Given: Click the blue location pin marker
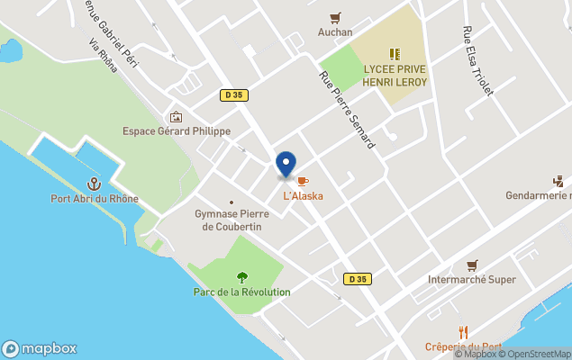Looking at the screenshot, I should (286, 165).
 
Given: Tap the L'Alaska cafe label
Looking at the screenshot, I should (304, 195).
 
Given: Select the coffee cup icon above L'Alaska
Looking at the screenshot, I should (303, 182).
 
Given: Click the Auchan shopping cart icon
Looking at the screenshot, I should (335, 17).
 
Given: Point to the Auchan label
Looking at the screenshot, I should (335, 32).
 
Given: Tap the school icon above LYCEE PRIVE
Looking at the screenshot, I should (395, 54).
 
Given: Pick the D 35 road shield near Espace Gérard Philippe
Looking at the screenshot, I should (234, 94).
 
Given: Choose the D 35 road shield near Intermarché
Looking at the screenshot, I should (358, 279).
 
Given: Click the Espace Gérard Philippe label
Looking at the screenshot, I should (177, 130).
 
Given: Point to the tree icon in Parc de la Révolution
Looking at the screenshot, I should (241, 277).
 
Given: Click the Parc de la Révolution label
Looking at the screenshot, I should (241, 292).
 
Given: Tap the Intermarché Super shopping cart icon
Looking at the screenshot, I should (472, 265).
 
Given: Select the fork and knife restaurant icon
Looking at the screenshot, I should (464, 332).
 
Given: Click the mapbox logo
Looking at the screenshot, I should (40, 348).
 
